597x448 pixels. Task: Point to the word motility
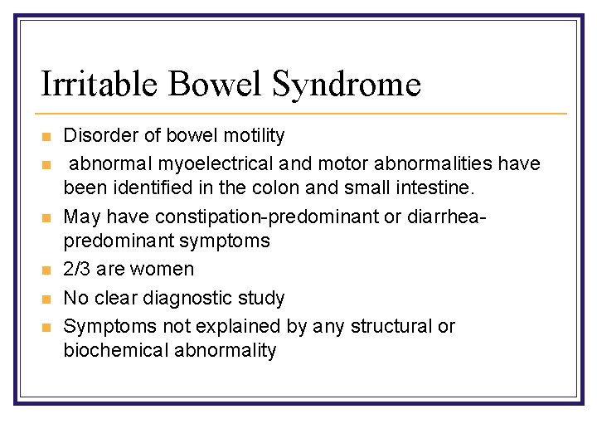253,135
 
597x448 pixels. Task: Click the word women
167,269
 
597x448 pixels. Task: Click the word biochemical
116,350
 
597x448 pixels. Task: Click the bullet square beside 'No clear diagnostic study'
46,299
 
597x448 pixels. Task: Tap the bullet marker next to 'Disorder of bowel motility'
46,136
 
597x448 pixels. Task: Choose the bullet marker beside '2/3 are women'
46,270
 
